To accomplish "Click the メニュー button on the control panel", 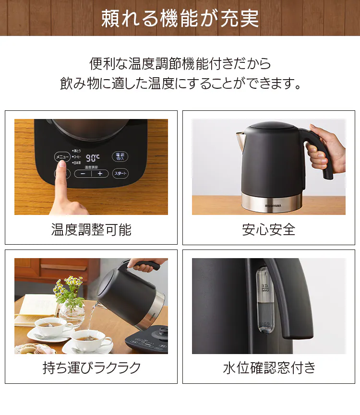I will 62,156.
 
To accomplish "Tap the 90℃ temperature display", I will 93,157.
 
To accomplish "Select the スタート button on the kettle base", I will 120,174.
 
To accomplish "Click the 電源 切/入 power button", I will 120,156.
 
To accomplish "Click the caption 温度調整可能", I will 91,230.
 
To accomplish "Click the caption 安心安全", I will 269,230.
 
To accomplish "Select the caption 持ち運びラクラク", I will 91,368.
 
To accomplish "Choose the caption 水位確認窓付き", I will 269,368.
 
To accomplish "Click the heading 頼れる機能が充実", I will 180,18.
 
